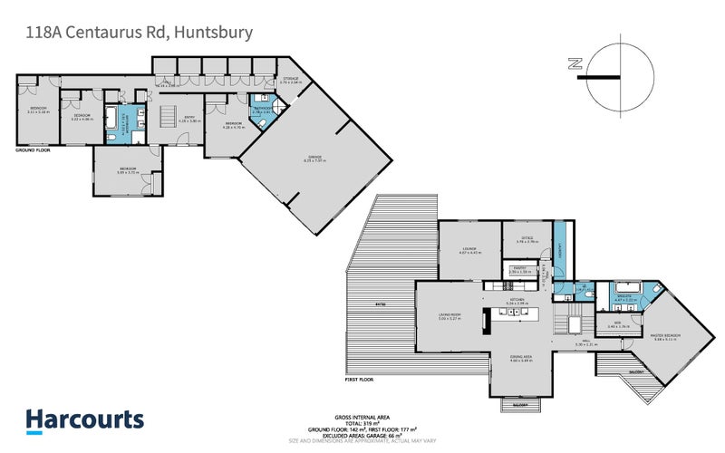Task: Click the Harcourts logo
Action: point(84,419)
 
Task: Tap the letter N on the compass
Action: point(573,63)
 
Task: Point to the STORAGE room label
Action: point(290,80)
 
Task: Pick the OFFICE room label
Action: point(527,238)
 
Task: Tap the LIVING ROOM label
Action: point(450,315)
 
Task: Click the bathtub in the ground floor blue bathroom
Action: point(113,118)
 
